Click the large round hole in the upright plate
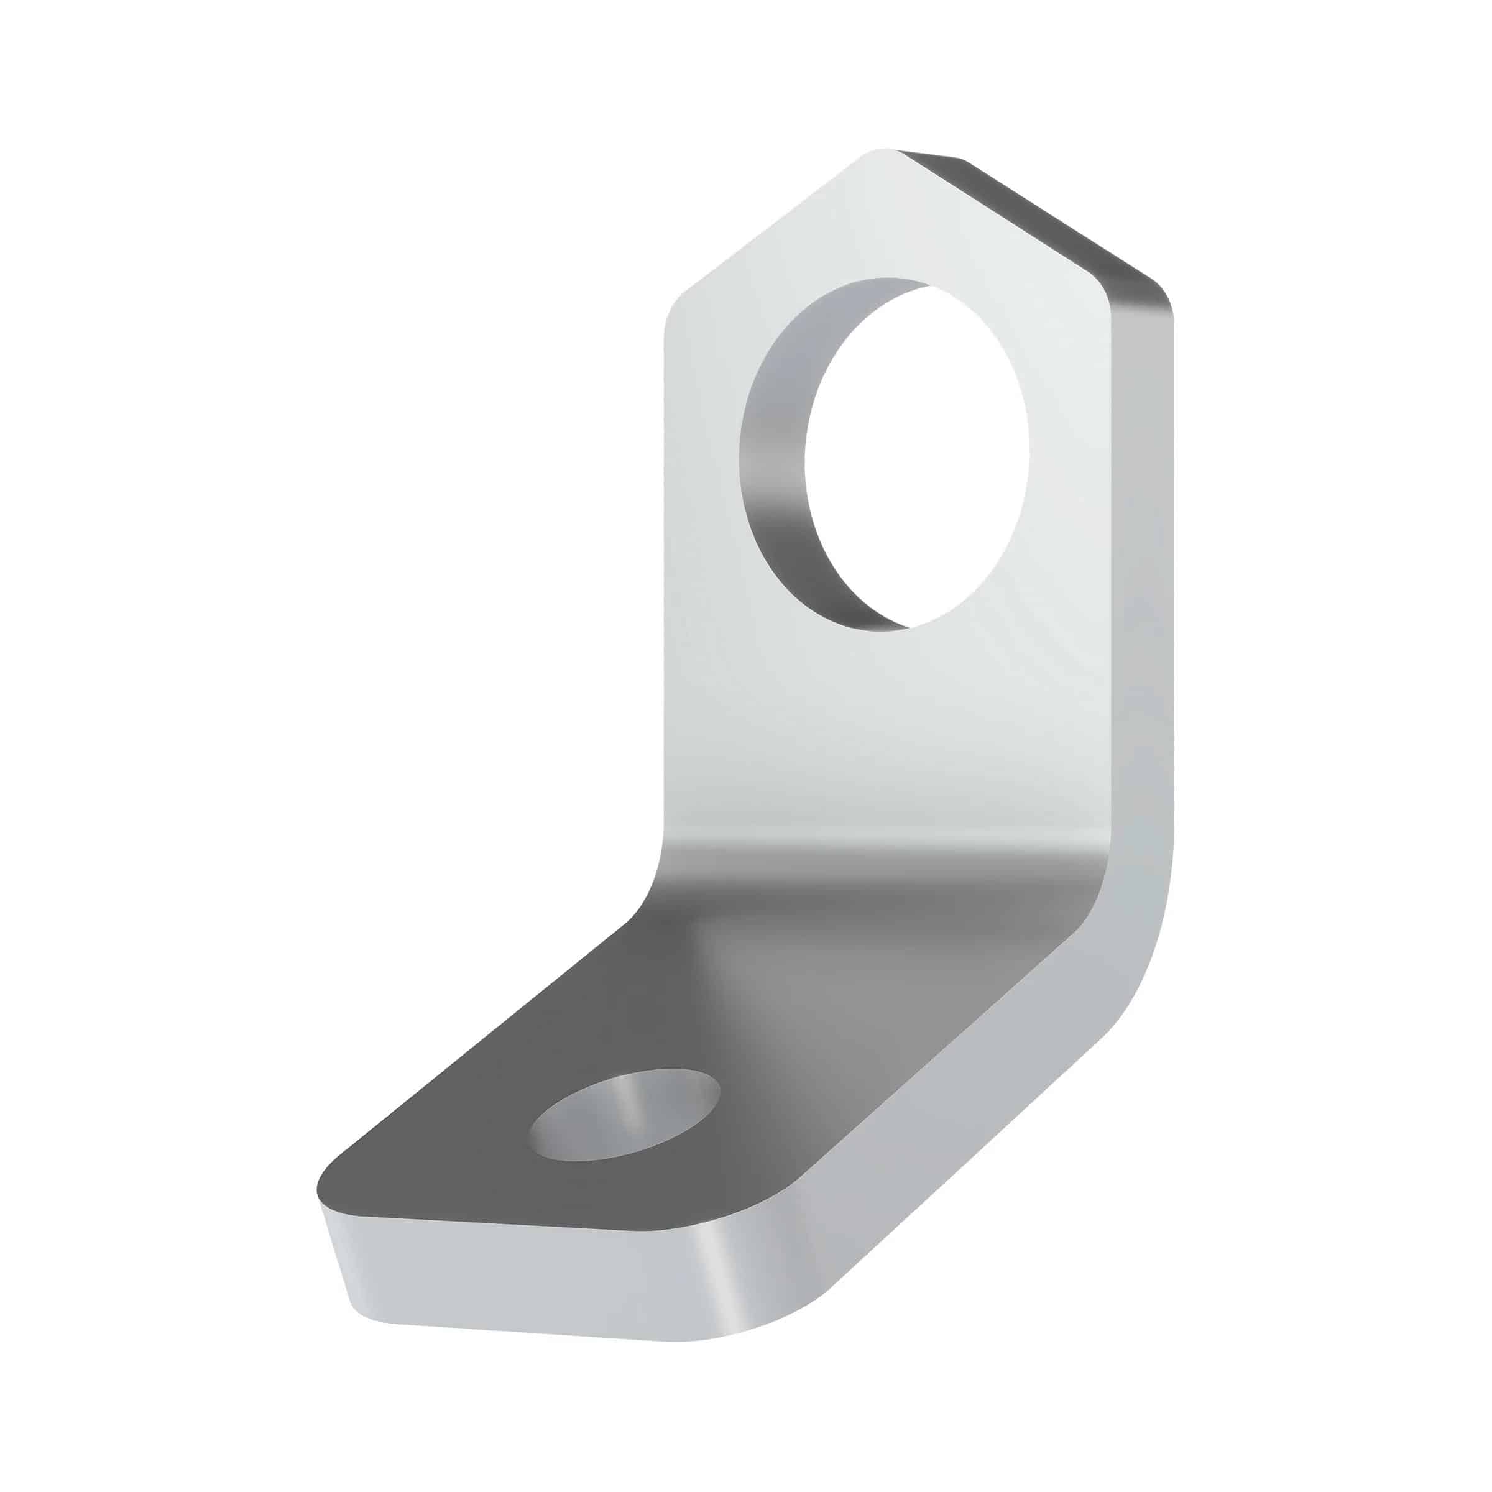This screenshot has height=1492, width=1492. point(915,456)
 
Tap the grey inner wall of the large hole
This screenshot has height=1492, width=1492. point(772,463)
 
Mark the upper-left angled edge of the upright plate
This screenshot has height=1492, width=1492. point(772,224)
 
